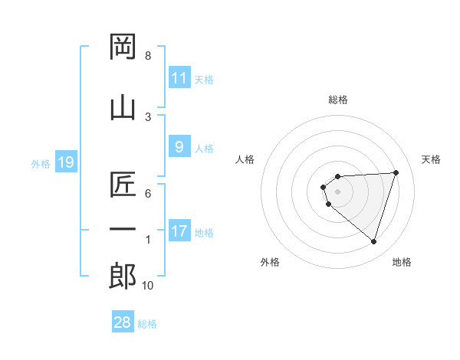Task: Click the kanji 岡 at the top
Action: click(x=123, y=47)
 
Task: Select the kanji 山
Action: click(x=123, y=107)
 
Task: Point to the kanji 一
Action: click(x=123, y=228)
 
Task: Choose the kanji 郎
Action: click(x=123, y=276)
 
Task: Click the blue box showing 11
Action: click(x=179, y=77)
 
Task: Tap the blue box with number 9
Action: click(x=179, y=146)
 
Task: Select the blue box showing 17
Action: click(x=179, y=231)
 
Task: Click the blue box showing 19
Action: click(x=65, y=162)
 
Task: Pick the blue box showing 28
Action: click(x=123, y=322)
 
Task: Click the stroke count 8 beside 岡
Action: click(x=148, y=56)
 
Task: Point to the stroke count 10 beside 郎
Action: click(x=148, y=286)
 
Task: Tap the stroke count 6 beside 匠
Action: click(x=148, y=193)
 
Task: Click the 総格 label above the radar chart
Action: click(x=338, y=100)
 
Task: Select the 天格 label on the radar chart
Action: click(x=432, y=159)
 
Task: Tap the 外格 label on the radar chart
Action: click(x=270, y=262)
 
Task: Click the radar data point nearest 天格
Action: click(x=396, y=172)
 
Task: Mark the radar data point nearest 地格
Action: click(x=373, y=241)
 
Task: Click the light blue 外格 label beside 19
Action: click(x=41, y=163)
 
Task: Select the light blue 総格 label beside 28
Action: click(x=147, y=324)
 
